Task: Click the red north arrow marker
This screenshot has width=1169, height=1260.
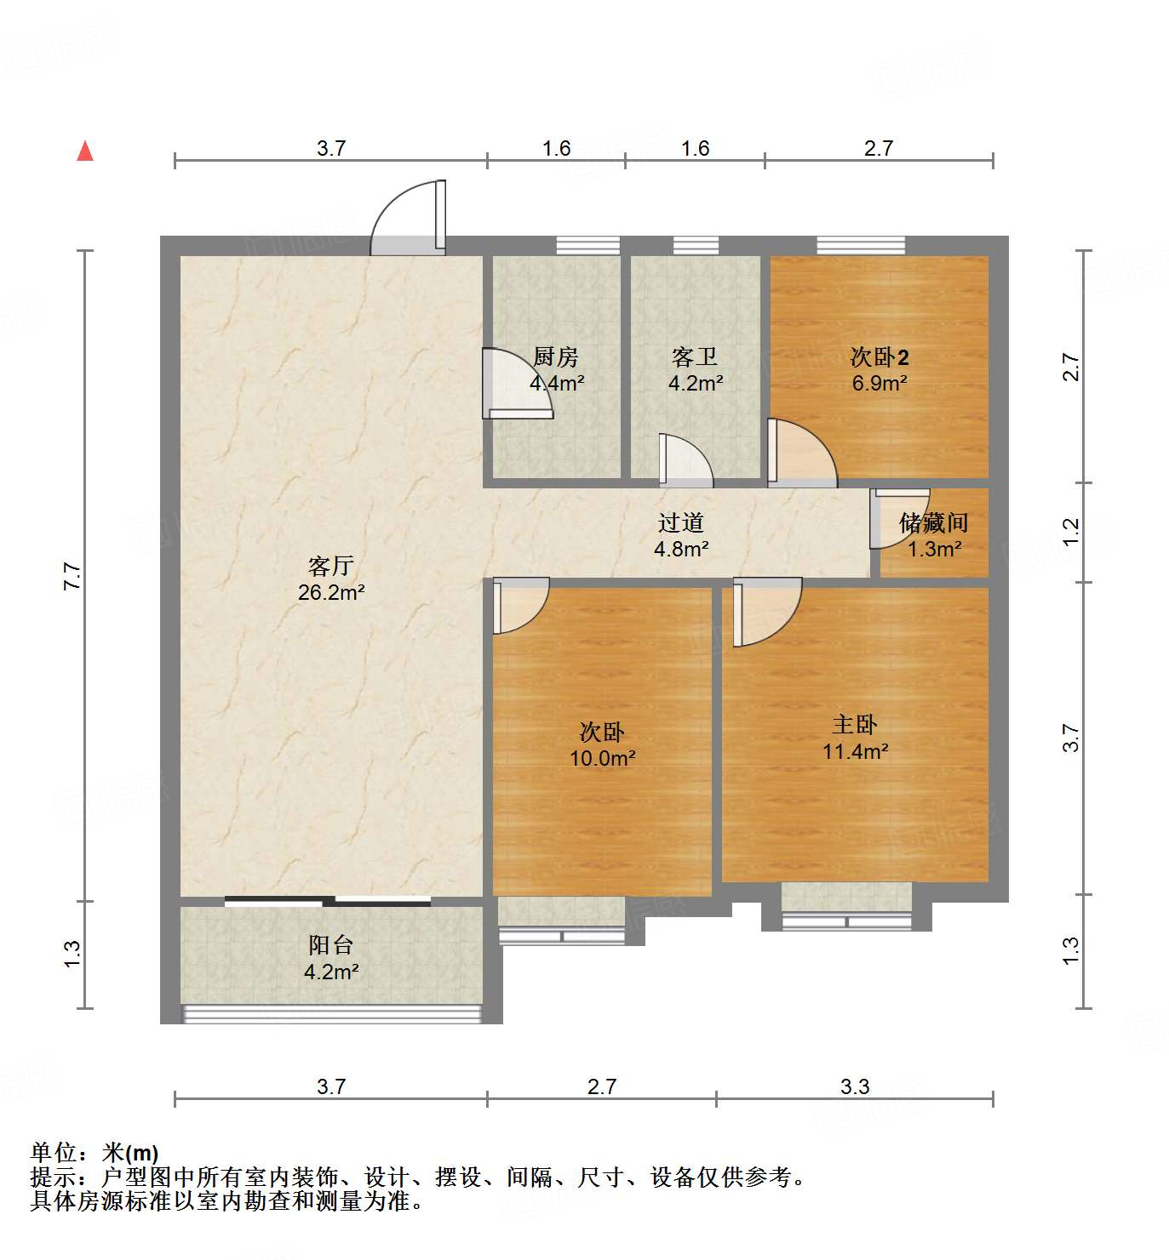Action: [x=85, y=151]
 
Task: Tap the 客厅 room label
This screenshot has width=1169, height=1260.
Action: [x=330, y=566]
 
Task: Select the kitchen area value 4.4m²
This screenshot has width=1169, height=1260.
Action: [x=557, y=383]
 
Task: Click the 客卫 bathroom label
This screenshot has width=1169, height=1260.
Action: [x=695, y=356]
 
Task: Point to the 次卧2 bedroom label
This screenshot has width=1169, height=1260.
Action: [x=880, y=356]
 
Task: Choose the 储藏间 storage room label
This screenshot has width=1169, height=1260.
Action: [x=933, y=522]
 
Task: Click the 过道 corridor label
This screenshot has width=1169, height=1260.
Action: [x=681, y=522]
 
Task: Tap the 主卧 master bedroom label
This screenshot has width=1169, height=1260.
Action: [x=855, y=725]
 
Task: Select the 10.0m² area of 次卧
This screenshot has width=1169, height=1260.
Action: [x=603, y=758]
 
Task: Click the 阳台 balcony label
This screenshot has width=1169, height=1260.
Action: [x=330, y=944]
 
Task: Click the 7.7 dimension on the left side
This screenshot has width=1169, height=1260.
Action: [x=72, y=577]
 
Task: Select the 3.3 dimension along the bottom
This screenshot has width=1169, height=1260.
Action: [x=855, y=1086]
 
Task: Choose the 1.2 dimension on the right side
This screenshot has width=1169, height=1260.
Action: [x=1071, y=532]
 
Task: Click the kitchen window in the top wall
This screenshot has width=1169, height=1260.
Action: [x=587, y=245]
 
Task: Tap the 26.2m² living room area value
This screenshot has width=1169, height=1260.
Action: [x=331, y=592]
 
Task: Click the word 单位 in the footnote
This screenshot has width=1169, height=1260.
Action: [x=53, y=1153]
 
